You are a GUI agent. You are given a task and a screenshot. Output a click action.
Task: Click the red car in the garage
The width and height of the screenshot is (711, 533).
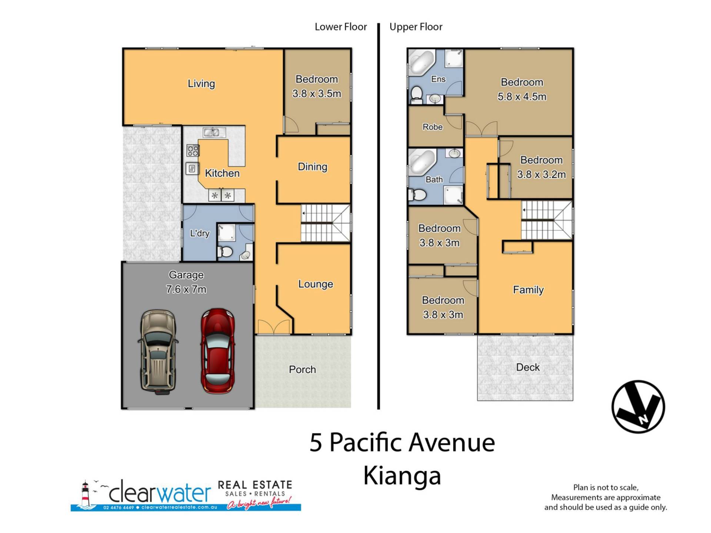coord(218,351)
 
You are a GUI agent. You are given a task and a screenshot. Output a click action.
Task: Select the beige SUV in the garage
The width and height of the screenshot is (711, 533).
coord(158,352)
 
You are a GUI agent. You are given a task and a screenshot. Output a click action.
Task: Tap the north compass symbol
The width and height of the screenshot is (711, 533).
coord(638,406)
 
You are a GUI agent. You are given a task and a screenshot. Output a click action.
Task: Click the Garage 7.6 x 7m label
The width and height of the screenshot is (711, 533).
coord(186,282)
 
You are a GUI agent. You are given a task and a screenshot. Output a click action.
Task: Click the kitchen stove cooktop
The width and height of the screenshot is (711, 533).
coord(193,150)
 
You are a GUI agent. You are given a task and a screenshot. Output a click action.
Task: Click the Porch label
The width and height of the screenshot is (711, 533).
coord(302,369)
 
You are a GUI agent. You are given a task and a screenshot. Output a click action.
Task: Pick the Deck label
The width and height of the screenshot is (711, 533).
coord(528,367)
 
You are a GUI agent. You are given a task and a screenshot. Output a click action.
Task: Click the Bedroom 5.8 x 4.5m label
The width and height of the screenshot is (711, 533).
coord(522,89)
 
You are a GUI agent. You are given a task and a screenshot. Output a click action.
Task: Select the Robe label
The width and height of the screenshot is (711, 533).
coord(433,127)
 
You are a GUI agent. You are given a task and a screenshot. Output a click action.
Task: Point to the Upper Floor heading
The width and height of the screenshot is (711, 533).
coord(416,27)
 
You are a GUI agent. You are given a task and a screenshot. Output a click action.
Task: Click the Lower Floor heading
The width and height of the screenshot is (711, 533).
coord(341,27)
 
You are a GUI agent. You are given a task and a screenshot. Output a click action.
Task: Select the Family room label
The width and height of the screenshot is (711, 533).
coord(528,290)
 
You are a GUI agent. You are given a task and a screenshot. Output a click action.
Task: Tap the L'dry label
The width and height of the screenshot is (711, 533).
coord(200,233)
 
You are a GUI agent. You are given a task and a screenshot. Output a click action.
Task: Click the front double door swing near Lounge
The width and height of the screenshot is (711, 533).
coord(274,327)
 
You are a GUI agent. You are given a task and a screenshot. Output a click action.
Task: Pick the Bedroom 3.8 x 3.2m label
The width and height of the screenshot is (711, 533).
coord(541,167)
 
